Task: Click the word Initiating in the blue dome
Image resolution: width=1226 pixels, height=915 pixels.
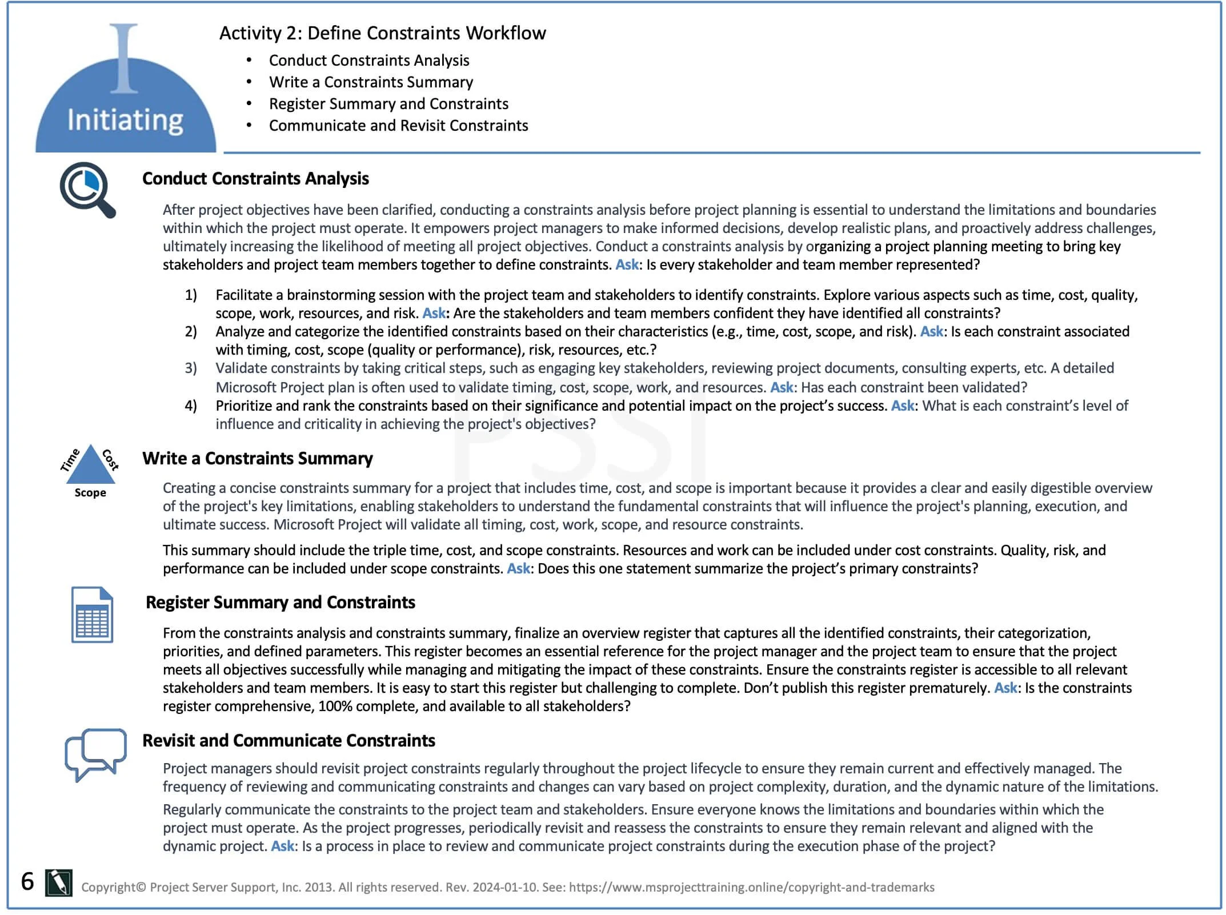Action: [125, 121]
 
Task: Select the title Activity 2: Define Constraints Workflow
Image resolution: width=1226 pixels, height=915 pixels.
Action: [382, 33]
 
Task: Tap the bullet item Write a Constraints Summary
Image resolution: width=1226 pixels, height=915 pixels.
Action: [371, 82]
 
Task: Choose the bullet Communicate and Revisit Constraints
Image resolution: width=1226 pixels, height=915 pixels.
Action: [398, 126]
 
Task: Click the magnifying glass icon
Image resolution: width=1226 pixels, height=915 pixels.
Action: [87, 190]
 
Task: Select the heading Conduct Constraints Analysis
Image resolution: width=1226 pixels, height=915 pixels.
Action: [255, 179]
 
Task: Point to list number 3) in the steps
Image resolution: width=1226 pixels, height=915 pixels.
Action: [191, 368]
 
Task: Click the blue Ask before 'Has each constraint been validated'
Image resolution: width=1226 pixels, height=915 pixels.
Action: [781, 387]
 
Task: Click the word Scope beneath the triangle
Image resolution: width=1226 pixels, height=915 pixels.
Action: [90, 493]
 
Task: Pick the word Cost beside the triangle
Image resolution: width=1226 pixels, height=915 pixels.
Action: [111, 460]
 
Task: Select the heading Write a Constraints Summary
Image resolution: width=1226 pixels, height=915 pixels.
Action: [257, 459]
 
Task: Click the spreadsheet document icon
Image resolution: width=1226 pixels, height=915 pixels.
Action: [92, 615]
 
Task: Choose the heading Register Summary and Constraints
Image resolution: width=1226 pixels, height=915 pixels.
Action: [280, 603]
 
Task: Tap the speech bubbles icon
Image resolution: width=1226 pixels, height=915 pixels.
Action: [95, 754]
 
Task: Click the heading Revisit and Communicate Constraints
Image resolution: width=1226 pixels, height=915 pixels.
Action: [289, 741]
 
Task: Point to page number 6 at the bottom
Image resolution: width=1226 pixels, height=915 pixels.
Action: [27, 881]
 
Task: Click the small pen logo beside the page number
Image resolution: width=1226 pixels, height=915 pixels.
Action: [59, 883]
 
